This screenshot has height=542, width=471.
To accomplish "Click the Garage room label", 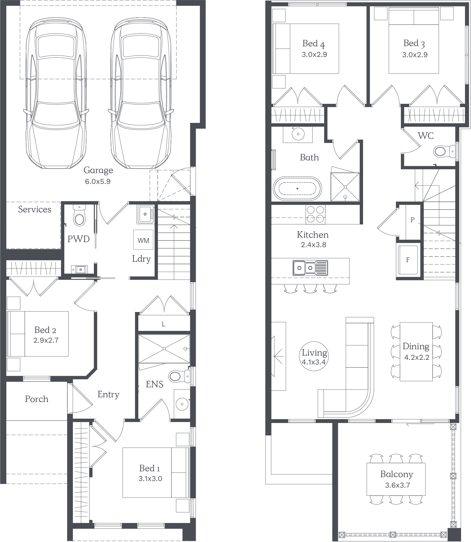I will click(98, 170).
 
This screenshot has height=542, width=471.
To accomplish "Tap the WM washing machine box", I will click(143, 240).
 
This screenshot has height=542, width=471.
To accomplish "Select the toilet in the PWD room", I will click(80, 217).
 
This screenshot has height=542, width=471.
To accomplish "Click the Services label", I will click(35, 210).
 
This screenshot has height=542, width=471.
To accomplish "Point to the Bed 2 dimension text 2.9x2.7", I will click(46, 340).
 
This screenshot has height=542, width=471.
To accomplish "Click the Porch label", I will click(36, 399).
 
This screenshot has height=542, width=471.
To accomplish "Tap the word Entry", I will click(108, 395).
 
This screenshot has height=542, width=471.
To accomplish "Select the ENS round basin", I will click(182, 404).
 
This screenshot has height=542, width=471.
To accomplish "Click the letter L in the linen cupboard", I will click(164, 324).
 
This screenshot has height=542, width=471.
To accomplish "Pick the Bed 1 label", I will click(149, 468).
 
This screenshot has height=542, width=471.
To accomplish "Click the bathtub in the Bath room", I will click(297, 189).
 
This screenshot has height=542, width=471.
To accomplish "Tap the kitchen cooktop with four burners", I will click(315, 214).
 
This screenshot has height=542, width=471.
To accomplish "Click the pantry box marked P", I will click(412, 220).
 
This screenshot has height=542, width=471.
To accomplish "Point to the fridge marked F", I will click(408, 260).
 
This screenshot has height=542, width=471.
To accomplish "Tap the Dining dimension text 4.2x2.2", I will click(417, 358).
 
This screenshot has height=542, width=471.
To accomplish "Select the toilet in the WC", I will click(442, 152).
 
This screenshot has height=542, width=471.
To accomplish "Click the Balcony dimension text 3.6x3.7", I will click(397, 485).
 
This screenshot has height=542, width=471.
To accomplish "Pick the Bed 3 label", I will click(414, 43).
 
